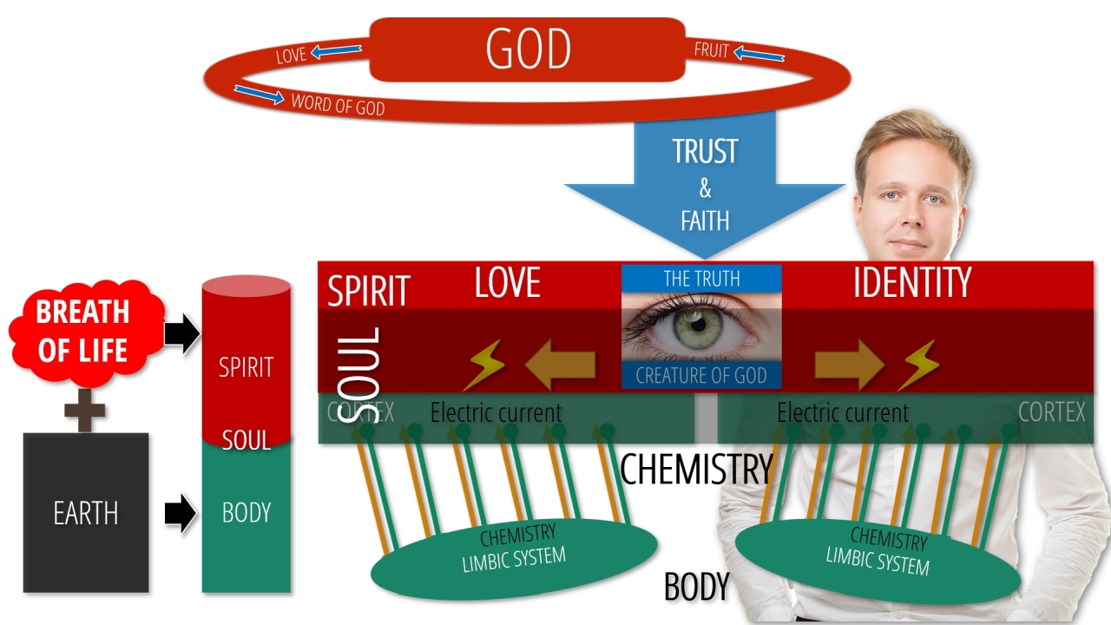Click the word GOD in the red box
(528, 49)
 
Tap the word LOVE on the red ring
(291, 56)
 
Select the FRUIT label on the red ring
(711, 50)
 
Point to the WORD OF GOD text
(338, 105)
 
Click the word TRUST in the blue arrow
(704, 152)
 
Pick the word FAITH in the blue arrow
(704, 220)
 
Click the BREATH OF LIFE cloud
(84, 331)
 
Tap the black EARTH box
(86, 512)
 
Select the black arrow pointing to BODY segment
(181, 513)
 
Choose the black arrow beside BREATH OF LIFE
(181, 333)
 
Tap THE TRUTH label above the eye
(701, 279)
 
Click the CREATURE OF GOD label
(701, 376)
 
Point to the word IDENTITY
(911, 283)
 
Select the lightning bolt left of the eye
(483, 365)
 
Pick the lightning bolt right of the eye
(918, 365)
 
